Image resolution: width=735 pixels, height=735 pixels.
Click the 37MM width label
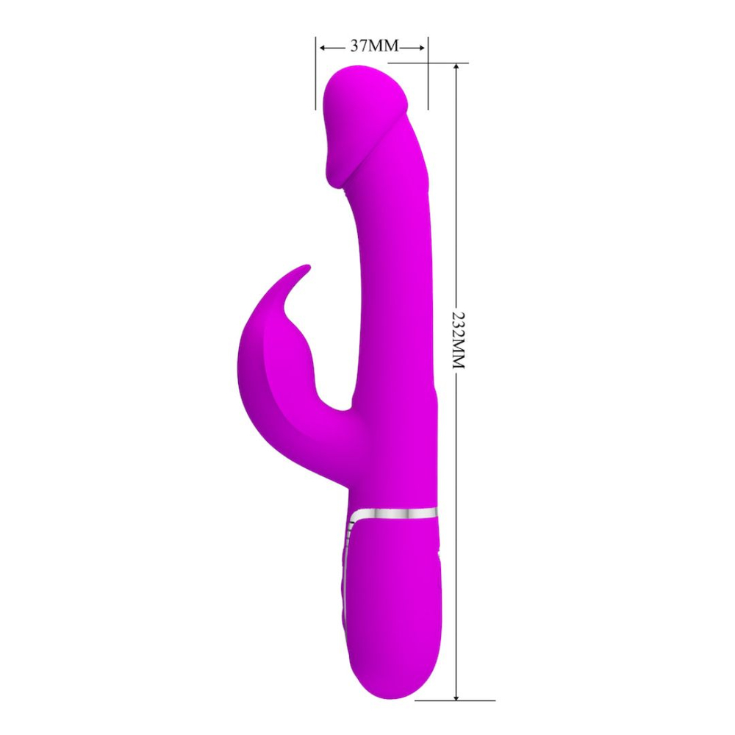point(373,46)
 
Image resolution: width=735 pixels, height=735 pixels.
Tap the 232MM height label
point(459,339)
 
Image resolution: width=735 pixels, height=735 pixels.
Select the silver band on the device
point(397,513)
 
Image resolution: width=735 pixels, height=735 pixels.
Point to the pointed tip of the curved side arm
point(306,268)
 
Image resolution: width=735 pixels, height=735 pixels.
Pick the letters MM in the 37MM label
point(384,46)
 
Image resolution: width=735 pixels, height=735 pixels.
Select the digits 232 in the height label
point(459,320)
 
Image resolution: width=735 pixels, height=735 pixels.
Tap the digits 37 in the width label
point(359,46)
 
